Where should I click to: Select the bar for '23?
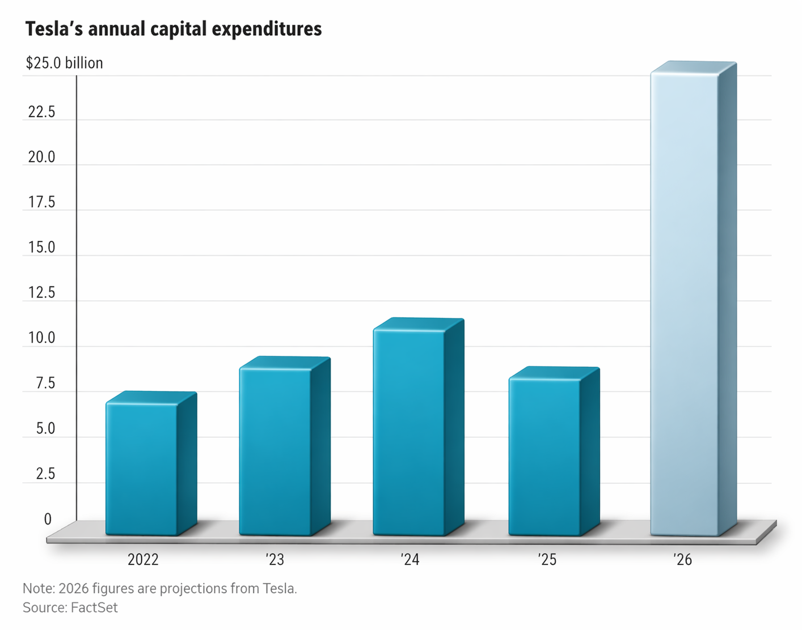(276, 450)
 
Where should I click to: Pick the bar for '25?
(545, 456)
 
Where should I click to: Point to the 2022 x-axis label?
(143, 560)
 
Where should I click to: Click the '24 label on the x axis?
(410, 560)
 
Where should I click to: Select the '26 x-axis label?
(683, 560)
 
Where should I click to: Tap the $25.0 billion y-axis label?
(64, 63)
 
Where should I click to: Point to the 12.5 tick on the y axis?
(42, 293)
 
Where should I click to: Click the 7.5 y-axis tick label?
(45, 384)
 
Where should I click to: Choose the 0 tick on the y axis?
(48, 519)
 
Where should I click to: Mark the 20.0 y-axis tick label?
(42, 157)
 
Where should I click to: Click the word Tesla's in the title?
(54, 29)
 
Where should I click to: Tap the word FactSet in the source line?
(94, 608)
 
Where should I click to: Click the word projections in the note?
(193, 589)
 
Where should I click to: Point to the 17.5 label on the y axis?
(42, 202)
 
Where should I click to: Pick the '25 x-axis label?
(547, 560)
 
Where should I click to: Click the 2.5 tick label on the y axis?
(45, 474)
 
